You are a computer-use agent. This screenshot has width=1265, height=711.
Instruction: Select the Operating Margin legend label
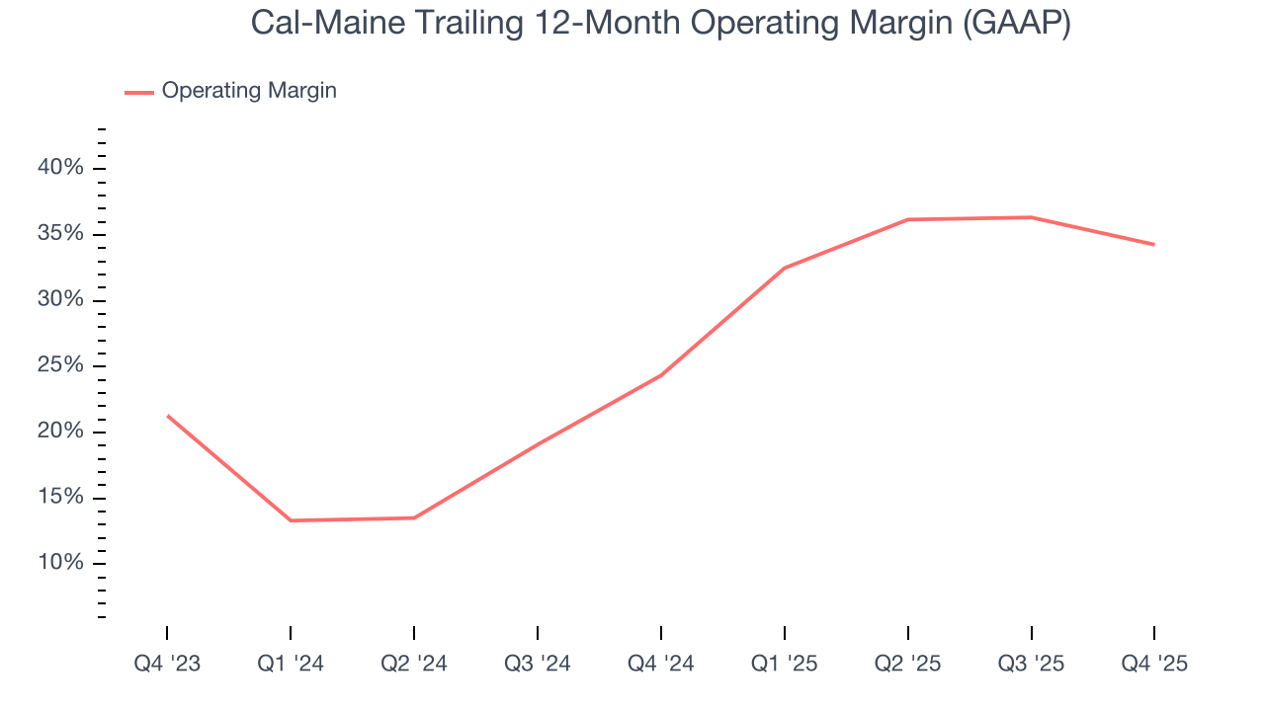click(249, 91)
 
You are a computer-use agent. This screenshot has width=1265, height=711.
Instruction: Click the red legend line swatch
click(138, 92)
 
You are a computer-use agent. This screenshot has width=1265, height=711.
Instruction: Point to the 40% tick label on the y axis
click(60, 168)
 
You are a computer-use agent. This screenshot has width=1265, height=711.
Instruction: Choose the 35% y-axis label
click(60, 234)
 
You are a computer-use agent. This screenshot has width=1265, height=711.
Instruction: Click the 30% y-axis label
click(60, 300)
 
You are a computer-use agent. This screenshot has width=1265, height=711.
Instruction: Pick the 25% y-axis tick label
click(60, 365)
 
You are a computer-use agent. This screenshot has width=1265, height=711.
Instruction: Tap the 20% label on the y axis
click(60, 432)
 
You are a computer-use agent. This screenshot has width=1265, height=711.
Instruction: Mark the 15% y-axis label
click(60, 498)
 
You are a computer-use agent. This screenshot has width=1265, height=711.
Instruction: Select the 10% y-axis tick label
click(60, 563)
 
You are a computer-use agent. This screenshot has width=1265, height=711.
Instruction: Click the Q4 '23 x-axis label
click(167, 664)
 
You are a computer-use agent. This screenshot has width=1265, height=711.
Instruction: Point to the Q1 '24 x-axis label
click(291, 664)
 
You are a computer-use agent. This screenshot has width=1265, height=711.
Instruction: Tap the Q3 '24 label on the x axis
click(538, 664)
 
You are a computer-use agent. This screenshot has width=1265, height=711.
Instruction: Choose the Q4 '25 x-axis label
click(1154, 664)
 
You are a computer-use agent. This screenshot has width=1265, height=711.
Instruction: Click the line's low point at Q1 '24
click(291, 520)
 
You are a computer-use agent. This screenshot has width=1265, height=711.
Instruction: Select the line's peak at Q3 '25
click(1031, 217)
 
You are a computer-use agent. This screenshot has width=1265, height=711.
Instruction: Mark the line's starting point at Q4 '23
click(167, 416)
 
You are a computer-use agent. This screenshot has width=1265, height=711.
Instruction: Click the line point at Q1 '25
click(785, 268)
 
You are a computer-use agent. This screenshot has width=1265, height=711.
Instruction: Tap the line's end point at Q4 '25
click(1154, 245)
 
